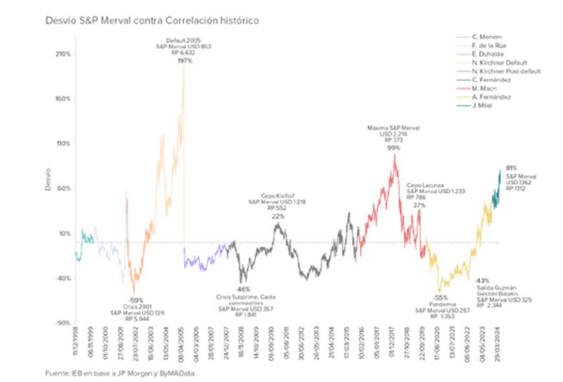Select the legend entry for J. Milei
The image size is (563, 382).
483,106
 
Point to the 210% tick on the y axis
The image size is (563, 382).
62,54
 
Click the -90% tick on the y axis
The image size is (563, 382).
62,324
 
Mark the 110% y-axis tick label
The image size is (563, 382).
62,144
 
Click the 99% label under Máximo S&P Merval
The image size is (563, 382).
393,148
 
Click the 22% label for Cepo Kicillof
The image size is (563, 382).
278,216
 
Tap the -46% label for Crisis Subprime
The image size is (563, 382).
242,290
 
